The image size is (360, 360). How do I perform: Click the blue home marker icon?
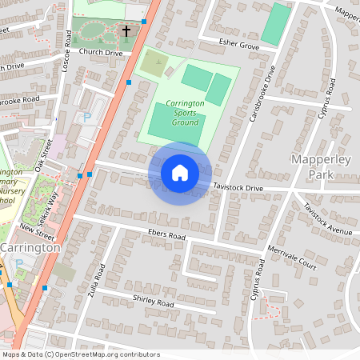(x=180, y=173)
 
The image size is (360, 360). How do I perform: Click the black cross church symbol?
(x=126, y=31)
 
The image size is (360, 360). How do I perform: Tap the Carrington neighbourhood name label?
(x=30, y=248)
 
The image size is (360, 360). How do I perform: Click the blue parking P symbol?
(x=87, y=117)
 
